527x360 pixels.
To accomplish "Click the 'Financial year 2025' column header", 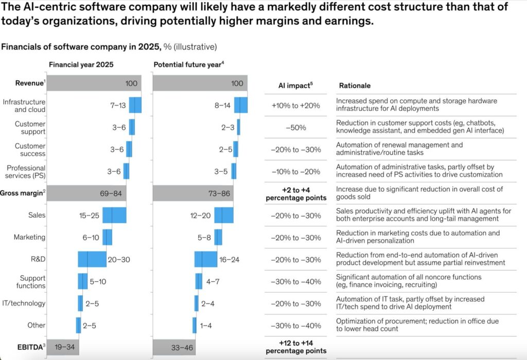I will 81,65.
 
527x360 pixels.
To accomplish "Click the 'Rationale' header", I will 355,85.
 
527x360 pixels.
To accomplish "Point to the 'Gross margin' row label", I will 22,193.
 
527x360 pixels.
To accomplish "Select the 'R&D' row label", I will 39,259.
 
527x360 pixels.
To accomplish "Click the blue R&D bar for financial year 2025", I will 92,259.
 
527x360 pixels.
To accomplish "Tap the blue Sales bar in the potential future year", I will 223,215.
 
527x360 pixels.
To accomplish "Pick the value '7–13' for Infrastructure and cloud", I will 118,105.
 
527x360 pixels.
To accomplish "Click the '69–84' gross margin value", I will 111,193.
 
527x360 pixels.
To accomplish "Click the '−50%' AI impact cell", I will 295,128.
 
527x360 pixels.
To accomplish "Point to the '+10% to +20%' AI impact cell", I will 295,105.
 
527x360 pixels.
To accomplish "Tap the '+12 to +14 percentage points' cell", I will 295,346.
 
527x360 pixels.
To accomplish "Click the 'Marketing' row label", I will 30,237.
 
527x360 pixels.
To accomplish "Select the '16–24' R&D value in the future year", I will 231,260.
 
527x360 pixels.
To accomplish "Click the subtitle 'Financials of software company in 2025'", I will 81,47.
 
